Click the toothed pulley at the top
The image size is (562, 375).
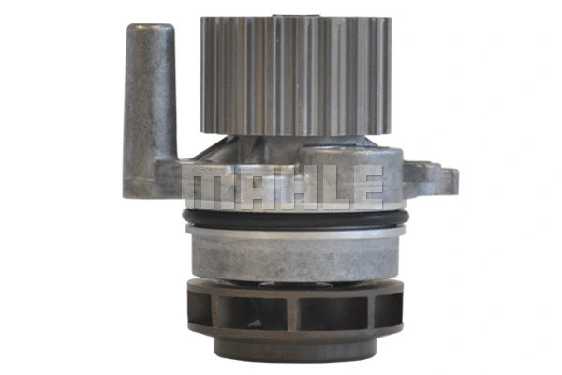295,75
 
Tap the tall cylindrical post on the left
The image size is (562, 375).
150,94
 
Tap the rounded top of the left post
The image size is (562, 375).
150,30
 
